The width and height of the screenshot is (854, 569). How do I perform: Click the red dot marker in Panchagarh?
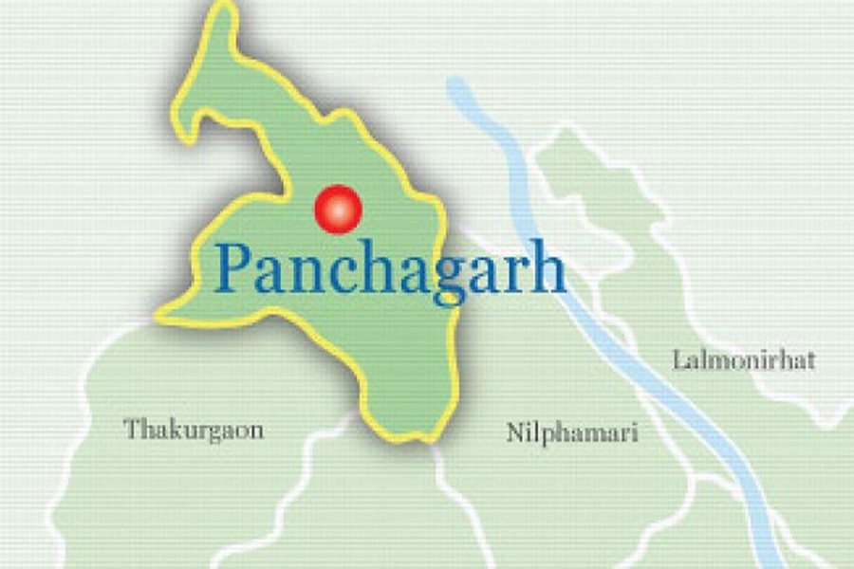coord(338,209)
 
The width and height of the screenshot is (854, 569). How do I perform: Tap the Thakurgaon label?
coord(194,430)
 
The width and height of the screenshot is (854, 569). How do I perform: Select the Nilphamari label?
coord(571,433)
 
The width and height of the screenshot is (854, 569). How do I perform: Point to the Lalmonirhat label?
coord(744,360)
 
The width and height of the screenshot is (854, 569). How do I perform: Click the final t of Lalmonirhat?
coord(810,361)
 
